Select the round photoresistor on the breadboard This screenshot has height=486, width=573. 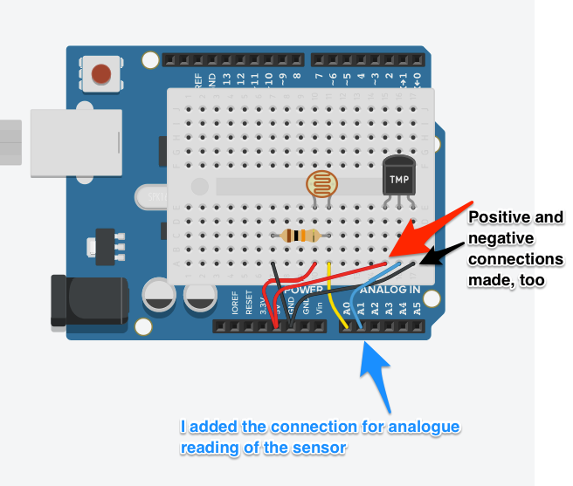(x=321, y=184)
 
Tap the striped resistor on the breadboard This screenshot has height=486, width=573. (x=300, y=235)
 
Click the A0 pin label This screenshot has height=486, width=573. (x=347, y=308)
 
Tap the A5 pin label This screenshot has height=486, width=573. (x=417, y=308)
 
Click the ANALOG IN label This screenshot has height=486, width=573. (x=390, y=290)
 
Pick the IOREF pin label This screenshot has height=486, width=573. (x=235, y=305)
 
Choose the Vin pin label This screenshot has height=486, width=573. (x=320, y=306)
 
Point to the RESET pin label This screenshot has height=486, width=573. (x=249, y=305)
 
